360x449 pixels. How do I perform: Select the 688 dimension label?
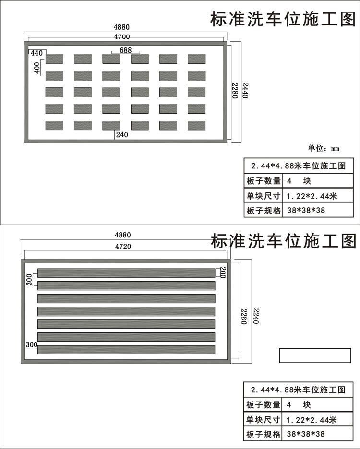click(126, 50)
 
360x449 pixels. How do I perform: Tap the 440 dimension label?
click(36, 53)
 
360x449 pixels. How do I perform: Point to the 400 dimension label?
click(37, 68)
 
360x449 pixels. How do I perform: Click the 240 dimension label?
click(122, 135)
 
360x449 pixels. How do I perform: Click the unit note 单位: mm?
click(324, 148)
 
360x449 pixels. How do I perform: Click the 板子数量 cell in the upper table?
click(263, 181)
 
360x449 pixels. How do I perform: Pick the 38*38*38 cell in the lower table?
click(306, 435)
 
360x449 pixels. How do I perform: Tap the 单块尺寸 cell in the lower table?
click(263, 420)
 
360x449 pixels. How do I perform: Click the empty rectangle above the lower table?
click(315, 355)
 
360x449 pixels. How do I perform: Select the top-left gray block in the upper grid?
click(54, 59)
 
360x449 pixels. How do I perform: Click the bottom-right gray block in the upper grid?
click(197, 125)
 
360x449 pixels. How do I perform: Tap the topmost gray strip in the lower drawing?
click(126, 273)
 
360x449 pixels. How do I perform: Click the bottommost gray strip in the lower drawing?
click(126, 349)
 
